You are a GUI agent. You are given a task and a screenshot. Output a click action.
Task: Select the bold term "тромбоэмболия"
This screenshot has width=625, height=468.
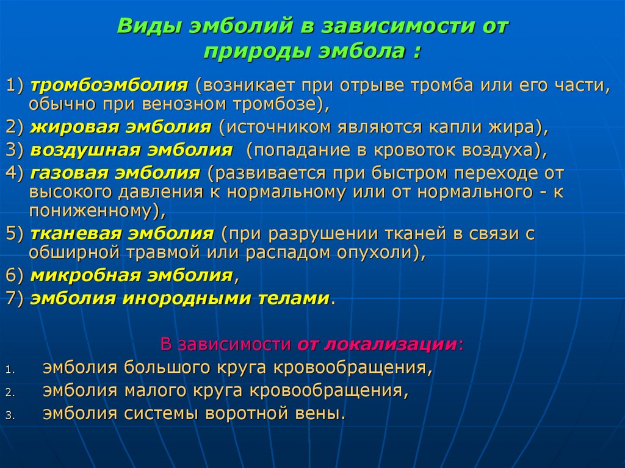click(109, 85)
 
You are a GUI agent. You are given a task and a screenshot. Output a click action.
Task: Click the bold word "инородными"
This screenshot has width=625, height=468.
click(172, 298)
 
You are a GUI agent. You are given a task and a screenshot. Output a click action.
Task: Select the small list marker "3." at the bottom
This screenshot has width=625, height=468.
click(10, 415)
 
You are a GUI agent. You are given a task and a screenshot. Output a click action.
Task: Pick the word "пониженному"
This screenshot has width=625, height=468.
click(92, 211)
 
